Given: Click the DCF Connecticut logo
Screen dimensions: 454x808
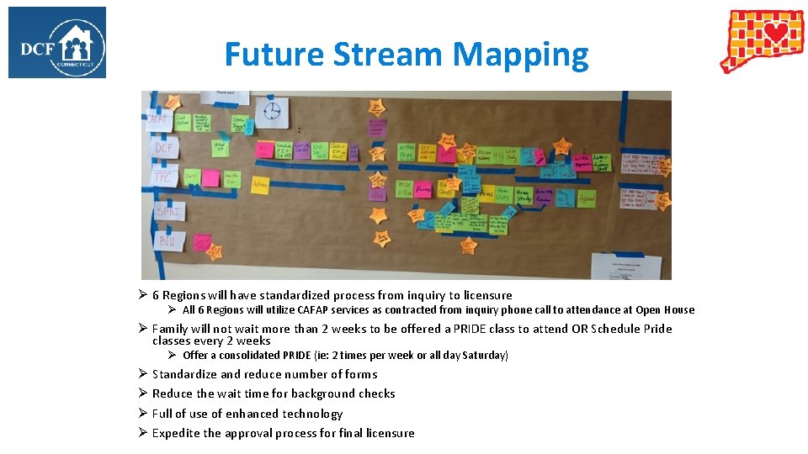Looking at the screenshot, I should coord(57,42).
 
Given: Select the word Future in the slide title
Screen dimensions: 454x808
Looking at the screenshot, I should coord(274,55).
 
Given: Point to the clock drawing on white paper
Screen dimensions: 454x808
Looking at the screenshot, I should coord(271,112).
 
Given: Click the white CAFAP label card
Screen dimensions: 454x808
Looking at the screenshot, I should coord(158,119).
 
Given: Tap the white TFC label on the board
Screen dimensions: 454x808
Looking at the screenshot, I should coord(162,177).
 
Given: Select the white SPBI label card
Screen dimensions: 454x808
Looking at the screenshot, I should coord(168,210).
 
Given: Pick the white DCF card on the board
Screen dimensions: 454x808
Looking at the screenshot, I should coord(163,149).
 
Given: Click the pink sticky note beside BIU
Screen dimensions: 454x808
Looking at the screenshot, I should coord(202,242).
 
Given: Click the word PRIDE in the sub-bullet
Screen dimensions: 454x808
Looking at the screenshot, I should coord(297,356).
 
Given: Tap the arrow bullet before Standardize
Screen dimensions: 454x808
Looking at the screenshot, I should coord(143,374).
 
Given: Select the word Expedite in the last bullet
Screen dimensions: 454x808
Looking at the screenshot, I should coord(176,433).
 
